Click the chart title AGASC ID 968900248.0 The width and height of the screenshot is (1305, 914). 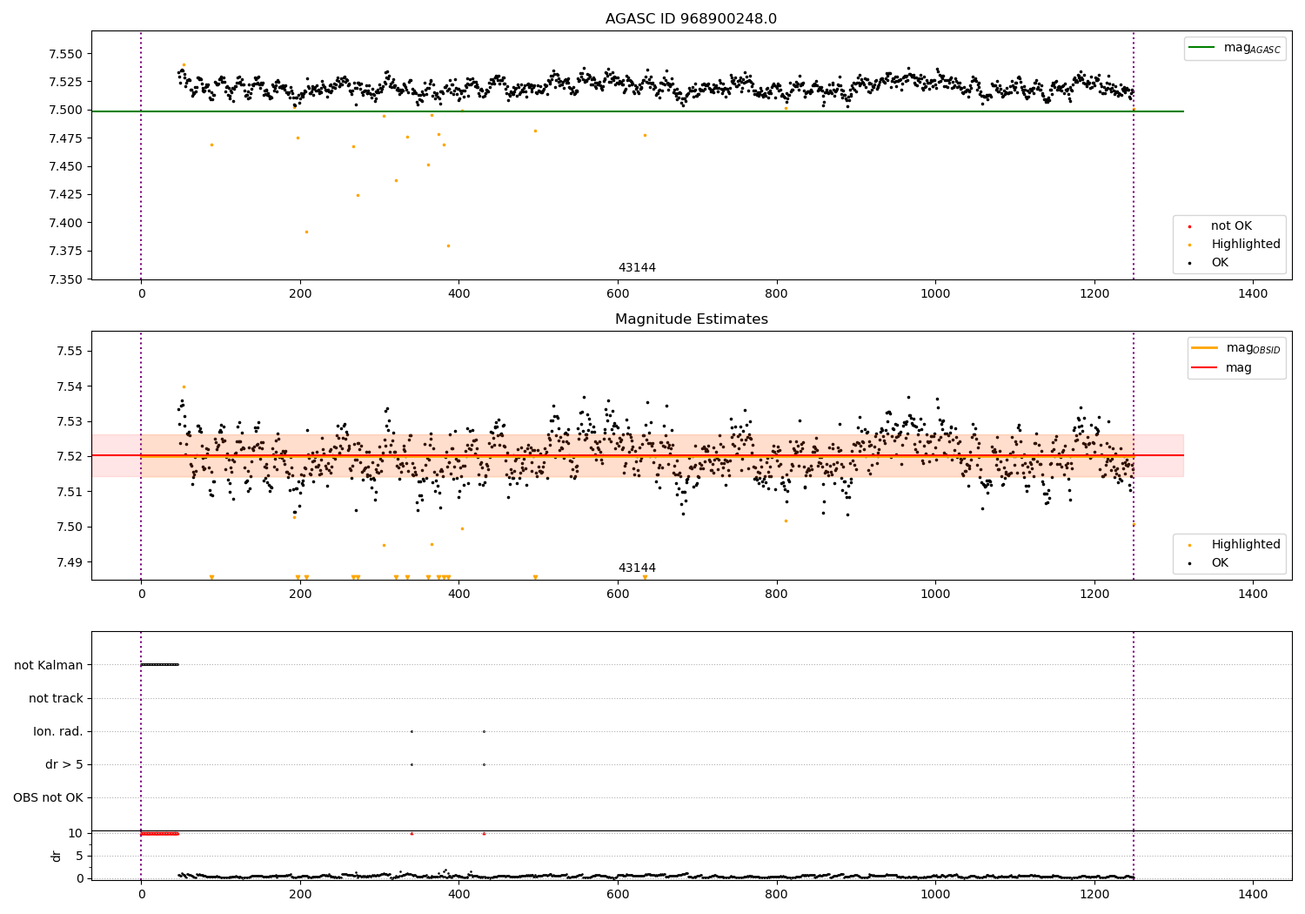[691, 19]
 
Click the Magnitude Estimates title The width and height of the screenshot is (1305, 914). [691, 319]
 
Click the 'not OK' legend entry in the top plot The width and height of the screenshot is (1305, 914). [1231, 226]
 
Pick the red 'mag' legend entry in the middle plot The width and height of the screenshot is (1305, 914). [1238, 367]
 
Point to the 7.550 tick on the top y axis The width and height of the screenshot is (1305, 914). [64, 54]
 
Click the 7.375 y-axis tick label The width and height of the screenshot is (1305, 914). [64, 252]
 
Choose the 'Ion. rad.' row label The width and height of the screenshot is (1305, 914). [57, 732]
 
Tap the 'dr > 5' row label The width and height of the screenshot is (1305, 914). [64, 765]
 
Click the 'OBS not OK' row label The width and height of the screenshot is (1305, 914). [48, 798]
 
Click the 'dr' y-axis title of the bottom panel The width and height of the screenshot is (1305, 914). [57, 857]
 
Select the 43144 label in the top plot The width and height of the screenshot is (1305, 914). [637, 268]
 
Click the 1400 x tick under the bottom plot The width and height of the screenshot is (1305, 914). [1253, 894]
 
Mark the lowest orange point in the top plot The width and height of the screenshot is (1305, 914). [448, 245]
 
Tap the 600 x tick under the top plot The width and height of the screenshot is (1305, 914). [618, 294]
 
